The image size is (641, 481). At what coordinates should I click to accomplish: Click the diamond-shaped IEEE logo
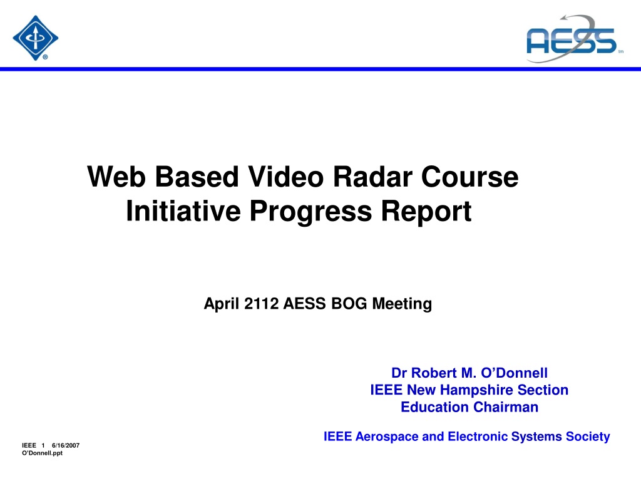tap(36, 38)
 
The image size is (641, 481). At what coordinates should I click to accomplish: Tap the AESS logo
tap(575, 39)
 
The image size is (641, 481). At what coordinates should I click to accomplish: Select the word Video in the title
tap(285, 177)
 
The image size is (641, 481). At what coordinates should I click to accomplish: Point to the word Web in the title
tap(116, 177)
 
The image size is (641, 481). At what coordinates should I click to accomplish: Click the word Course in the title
tap(469, 177)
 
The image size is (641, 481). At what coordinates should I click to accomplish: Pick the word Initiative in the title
tap(183, 210)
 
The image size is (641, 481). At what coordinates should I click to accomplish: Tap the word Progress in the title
tap(310, 212)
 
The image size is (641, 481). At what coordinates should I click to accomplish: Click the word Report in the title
tap(426, 212)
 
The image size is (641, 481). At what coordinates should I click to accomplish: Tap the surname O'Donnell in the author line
tap(514, 373)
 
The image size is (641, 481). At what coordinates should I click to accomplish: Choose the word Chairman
tap(506, 407)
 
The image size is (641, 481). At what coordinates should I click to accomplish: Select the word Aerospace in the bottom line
tap(387, 437)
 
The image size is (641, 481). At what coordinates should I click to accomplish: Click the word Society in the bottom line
tap(588, 437)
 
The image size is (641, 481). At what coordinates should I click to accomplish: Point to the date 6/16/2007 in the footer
tap(65, 445)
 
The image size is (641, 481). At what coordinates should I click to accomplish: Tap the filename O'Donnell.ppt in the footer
tap(43, 453)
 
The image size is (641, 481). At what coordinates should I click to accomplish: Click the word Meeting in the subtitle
tap(402, 304)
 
